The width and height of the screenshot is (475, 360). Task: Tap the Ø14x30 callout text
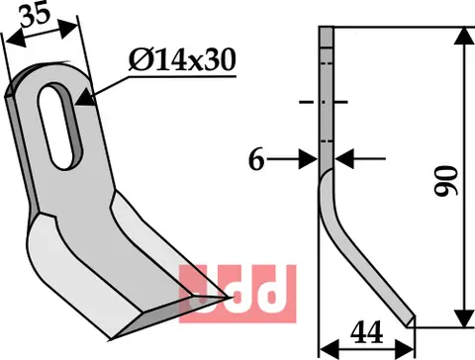(x=182, y=59)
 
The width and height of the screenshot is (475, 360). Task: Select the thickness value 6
(x=256, y=160)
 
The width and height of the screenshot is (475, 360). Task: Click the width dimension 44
(x=367, y=332)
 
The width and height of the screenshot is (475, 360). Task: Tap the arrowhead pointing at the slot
(x=84, y=98)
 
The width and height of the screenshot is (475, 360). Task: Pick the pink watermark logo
(x=237, y=294)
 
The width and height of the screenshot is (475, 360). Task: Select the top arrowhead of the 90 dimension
(x=464, y=36)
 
